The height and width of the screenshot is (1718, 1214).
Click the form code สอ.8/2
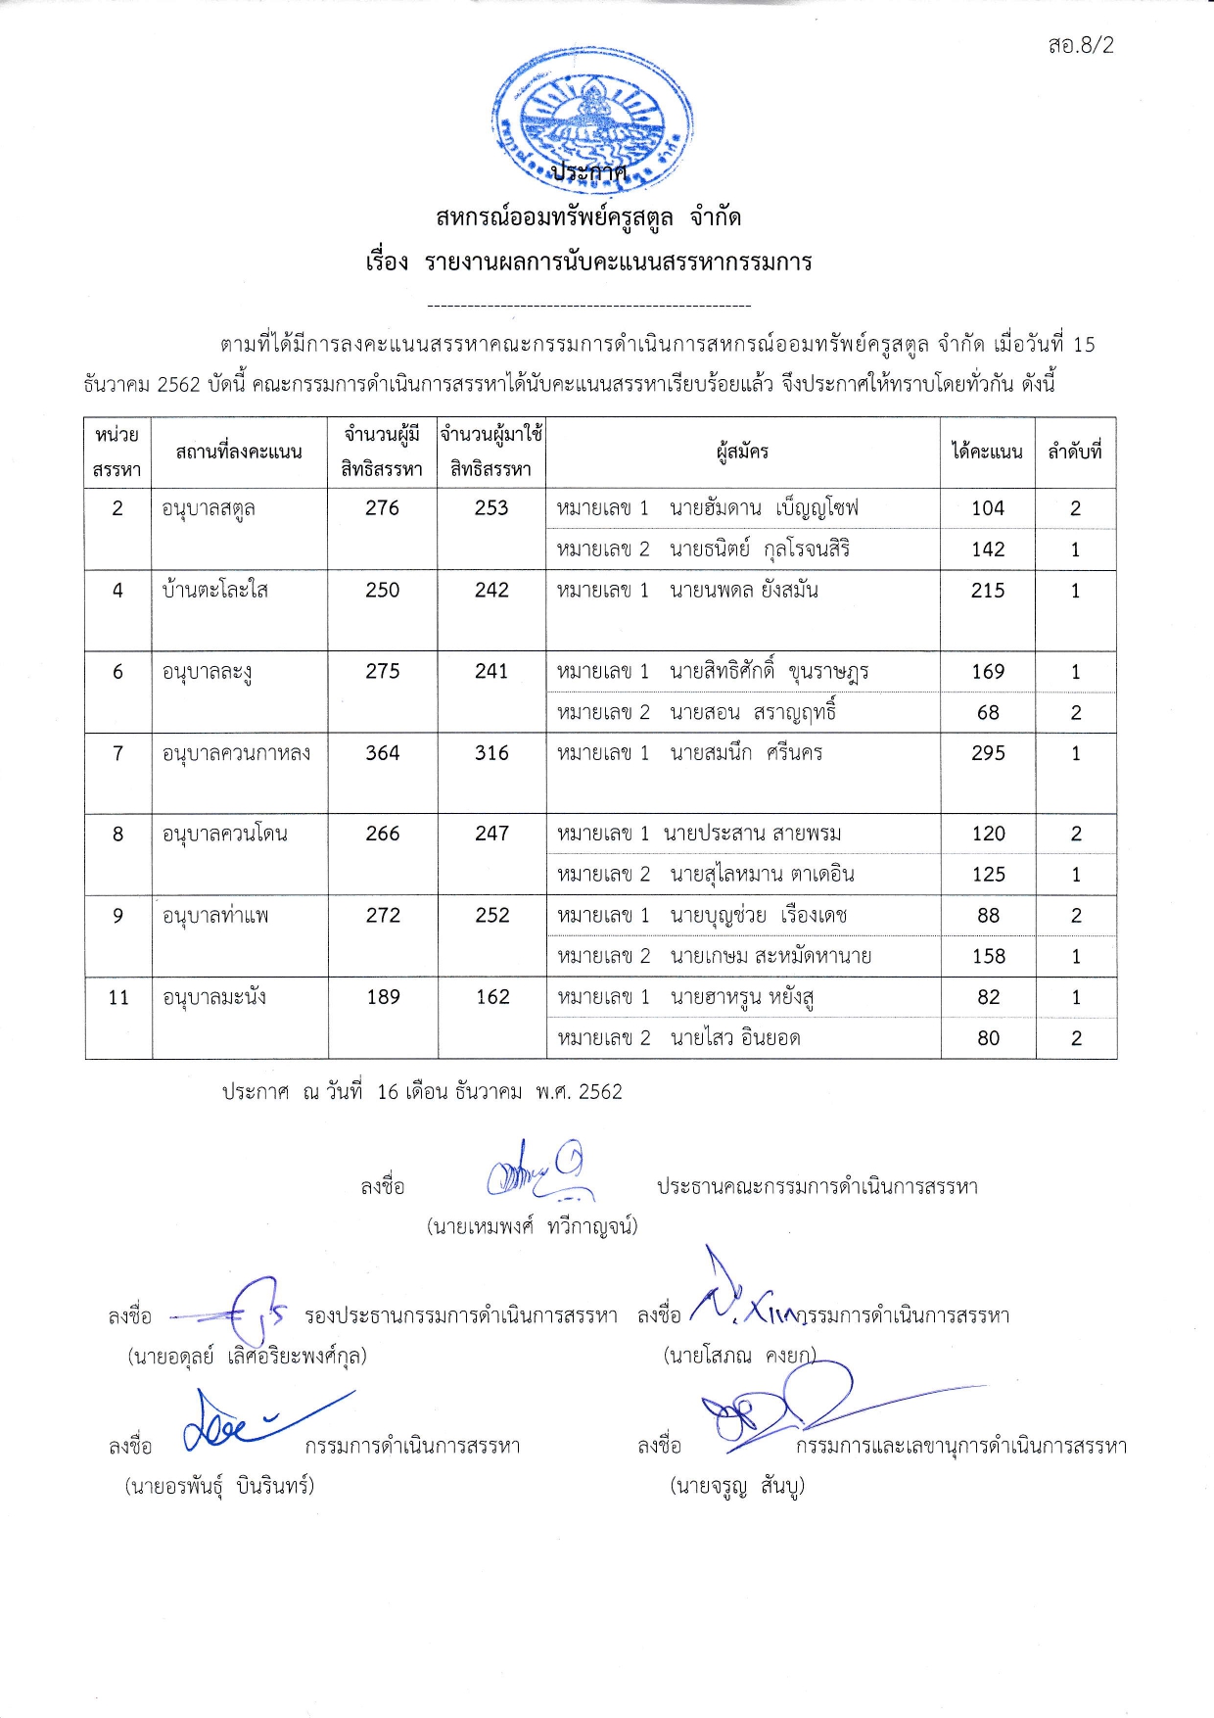(1080, 45)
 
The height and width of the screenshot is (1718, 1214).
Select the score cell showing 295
(988, 753)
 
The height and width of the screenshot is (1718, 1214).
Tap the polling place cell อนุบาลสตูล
(209, 508)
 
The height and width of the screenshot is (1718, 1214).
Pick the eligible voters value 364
(382, 753)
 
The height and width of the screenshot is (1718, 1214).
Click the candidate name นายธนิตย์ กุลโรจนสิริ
(759, 549)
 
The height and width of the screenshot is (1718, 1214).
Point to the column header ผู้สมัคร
(742, 452)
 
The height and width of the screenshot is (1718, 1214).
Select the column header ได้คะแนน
(987, 452)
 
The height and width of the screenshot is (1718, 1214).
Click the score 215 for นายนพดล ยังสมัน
(988, 591)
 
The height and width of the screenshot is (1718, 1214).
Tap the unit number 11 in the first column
(118, 997)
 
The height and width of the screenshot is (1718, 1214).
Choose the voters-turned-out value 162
(492, 997)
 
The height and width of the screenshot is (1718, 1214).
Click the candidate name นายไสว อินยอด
(734, 1038)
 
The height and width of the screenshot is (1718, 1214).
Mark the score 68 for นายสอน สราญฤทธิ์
(988, 713)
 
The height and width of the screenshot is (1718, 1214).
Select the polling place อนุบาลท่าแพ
(215, 916)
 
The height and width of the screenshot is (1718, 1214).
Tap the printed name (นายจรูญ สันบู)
(737, 1487)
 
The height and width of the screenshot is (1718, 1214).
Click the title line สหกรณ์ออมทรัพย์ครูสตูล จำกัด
(588, 217)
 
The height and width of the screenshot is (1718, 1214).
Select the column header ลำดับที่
(1075, 452)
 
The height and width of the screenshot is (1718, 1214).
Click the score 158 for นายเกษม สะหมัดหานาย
(988, 956)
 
